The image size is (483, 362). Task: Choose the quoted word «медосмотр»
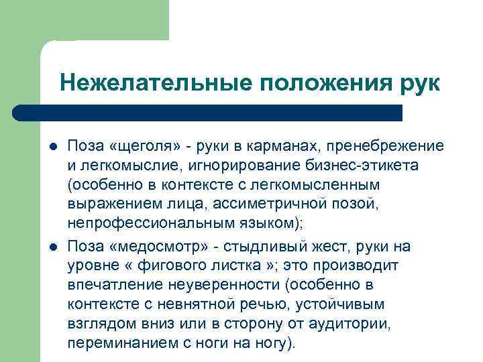tap(156, 247)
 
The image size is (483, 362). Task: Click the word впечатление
tap(108, 285)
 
